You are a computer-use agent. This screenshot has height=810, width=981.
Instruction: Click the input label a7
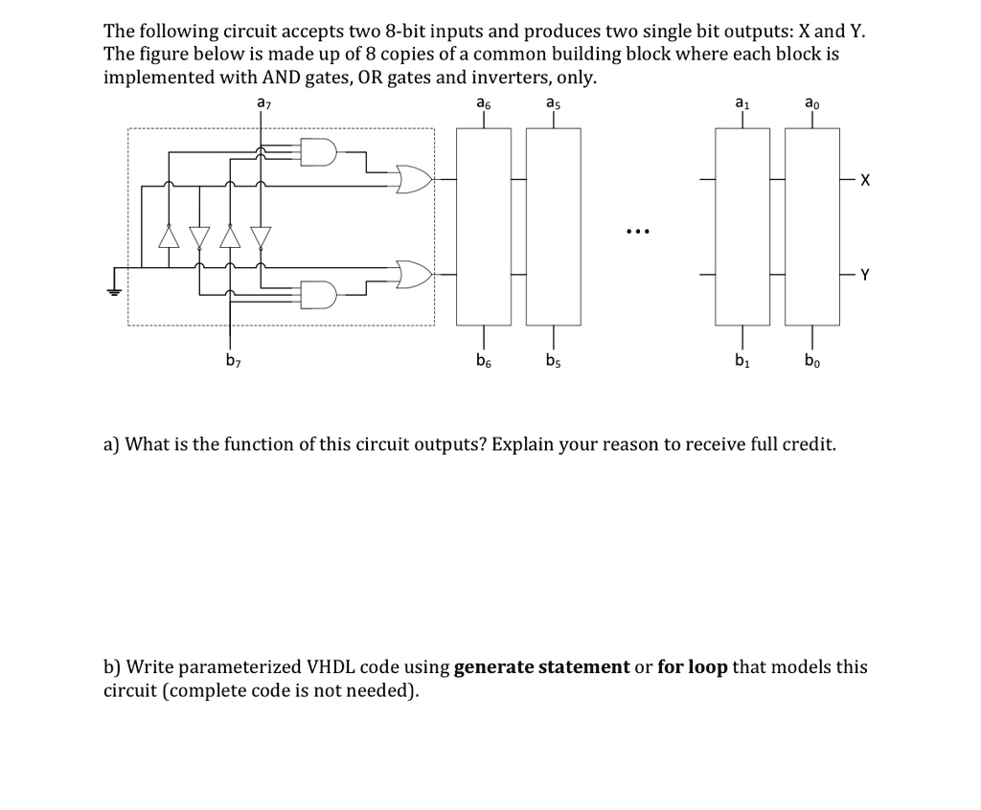click(x=262, y=102)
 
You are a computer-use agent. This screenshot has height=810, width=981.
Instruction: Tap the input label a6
click(x=484, y=102)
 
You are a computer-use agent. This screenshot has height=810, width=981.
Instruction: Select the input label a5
click(x=553, y=102)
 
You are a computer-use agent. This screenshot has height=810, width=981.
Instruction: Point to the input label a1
click(x=740, y=102)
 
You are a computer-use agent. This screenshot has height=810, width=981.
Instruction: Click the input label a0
click(x=811, y=102)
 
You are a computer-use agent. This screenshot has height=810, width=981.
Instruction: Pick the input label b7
click(x=231, y=360)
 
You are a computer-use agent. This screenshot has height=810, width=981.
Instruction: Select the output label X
click(x=865, y=180)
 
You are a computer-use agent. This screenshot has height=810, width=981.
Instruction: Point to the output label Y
click(x=865, y=275)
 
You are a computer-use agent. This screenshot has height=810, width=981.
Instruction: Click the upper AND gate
click(x=318, y=151)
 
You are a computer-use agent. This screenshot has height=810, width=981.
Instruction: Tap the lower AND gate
click(x=318, y=294)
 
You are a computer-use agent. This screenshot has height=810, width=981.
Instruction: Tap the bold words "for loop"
click(x=693, y=667)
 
